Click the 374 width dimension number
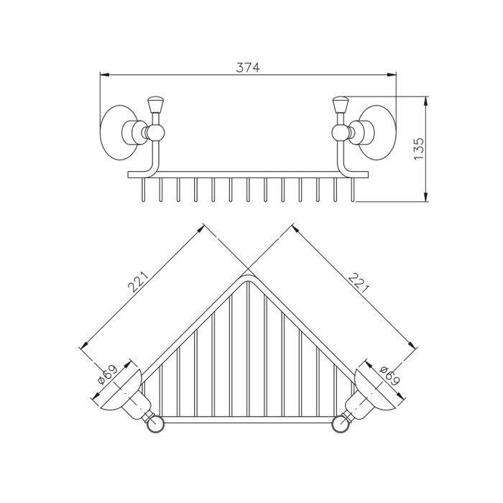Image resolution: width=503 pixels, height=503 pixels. (x=248, y=68)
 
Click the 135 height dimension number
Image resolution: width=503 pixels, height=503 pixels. (x=419, y=149)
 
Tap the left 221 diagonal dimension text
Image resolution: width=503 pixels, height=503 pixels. (x=138, y=282)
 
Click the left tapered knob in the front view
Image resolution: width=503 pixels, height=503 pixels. (x=155, y=105)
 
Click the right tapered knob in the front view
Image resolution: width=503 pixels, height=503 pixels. (x=341, y=105)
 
